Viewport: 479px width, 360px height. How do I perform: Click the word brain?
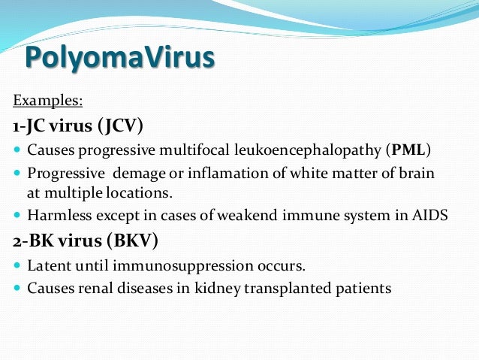coord(416,173)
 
